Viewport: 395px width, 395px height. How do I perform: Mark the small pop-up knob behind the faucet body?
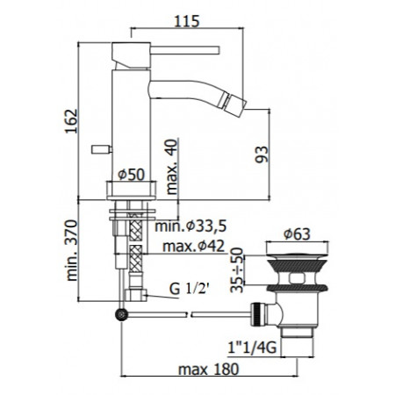tap(100, 150)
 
